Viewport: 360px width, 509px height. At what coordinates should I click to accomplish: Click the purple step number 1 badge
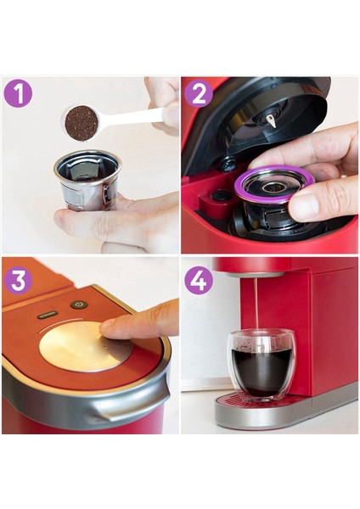pos(18,93)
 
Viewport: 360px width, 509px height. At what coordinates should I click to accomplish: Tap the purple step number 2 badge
pos(199,93)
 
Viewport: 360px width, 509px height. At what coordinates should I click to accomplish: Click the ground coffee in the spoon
pos(82,123)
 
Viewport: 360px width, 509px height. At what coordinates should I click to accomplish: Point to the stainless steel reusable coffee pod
pos(87,181)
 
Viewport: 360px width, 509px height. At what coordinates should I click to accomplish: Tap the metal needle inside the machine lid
pos(272,120)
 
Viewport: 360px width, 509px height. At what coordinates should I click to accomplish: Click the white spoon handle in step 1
pos(136,116)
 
